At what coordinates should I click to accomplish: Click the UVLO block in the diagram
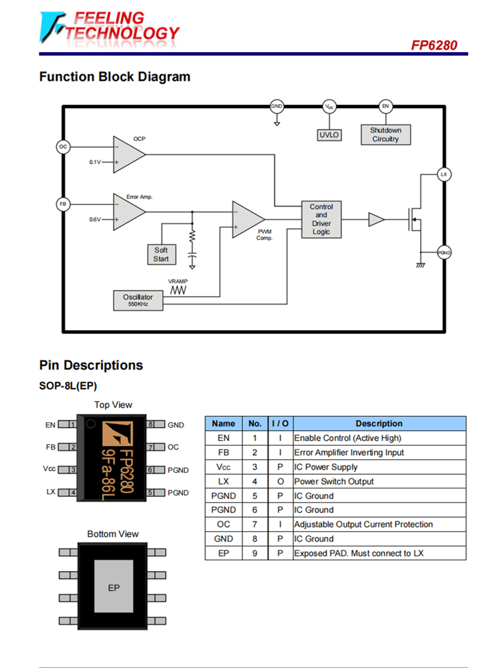(x=329, y=135)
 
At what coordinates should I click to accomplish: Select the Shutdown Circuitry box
(x=385, y=134)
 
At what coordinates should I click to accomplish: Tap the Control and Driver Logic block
(x=321, y=219)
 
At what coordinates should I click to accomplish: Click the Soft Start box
(x=161, y=255)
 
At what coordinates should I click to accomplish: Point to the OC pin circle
(x=63, y=146)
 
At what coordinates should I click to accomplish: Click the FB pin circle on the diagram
(x=63, y=204)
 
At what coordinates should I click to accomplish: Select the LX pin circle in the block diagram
(x=444, y=174)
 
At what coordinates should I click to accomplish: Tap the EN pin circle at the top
(x=385, y=106)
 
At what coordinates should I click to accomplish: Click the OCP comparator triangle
(x=128, y=154)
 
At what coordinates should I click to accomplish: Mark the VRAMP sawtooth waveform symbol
(x=177, y=291)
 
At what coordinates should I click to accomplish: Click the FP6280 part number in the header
(x=435, y=45)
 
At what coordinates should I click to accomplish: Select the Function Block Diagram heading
(x=115, y=77)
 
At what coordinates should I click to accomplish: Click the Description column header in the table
(x=379, y=424)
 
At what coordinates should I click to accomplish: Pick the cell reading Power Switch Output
(x=334, y=481)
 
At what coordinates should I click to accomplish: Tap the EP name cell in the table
(x=224, y=553)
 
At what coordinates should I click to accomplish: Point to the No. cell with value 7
(x=255, y=524)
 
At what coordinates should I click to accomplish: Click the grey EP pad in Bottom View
(x=114, y=587)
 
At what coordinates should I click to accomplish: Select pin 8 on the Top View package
(x=152, y=424)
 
